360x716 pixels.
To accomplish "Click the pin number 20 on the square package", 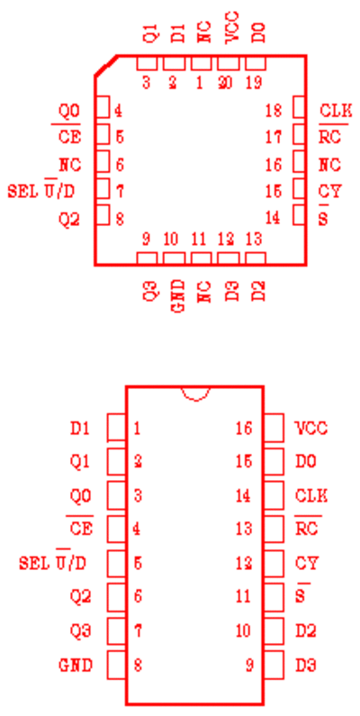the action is coord(224,84).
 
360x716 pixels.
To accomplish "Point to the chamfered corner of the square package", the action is coord(106,66).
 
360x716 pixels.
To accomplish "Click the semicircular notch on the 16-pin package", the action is coord(195,394).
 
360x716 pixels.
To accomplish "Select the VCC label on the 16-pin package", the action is coord(311,429).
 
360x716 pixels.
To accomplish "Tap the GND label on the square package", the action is coord(179,296).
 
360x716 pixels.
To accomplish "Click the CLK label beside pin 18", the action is coord(336,111).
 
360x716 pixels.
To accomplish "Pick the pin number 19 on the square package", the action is coord(253,84).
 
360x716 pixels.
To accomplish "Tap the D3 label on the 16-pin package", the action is coord(306,666).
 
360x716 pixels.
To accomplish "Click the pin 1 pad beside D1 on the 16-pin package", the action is coord(116,428).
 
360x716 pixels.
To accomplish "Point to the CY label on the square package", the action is coord(330,191).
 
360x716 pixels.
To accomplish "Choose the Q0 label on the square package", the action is coord(69,111).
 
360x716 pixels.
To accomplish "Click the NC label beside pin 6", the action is coord(69,165).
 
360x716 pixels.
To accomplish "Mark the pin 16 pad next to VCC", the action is coord(274,428).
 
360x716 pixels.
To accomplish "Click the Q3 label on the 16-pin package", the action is coord(80,631).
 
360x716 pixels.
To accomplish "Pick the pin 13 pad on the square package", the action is coord(256,258).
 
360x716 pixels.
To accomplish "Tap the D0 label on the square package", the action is coord(258,32).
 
